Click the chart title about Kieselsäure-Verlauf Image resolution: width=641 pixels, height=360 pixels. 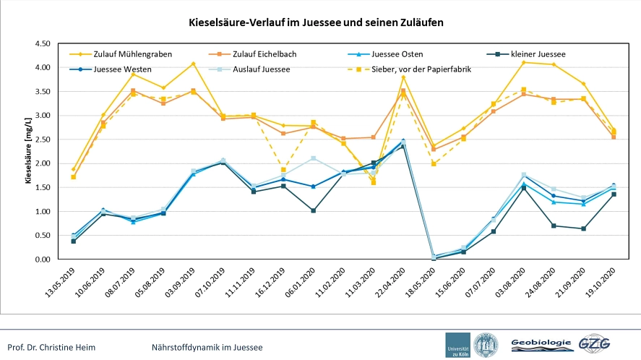316,22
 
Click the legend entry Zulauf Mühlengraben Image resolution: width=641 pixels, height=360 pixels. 121,54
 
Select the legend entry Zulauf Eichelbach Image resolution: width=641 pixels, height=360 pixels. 253,54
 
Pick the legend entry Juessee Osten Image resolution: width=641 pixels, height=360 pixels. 385,54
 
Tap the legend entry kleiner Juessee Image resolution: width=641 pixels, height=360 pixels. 527,54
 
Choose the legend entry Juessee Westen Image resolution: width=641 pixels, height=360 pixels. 111,69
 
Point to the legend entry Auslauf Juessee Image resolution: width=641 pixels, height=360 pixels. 249,69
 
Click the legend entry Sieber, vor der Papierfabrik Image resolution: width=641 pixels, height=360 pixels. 409,69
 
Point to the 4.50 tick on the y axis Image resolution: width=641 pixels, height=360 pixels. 43,43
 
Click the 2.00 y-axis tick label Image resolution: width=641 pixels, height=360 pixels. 43,163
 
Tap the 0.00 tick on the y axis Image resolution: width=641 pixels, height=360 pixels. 43,260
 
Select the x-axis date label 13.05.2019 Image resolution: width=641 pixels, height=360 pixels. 60,282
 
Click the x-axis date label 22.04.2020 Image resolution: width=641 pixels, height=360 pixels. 390,282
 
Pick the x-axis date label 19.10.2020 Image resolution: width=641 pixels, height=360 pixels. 601,282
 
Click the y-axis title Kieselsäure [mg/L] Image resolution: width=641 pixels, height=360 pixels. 27,151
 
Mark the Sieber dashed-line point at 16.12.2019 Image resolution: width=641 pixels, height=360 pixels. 283,170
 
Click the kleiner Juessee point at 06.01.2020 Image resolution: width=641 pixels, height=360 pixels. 314,210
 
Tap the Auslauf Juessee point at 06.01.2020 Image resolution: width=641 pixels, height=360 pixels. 314,158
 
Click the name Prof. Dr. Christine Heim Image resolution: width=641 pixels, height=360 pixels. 51,348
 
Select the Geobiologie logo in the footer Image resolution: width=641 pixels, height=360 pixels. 541,345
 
